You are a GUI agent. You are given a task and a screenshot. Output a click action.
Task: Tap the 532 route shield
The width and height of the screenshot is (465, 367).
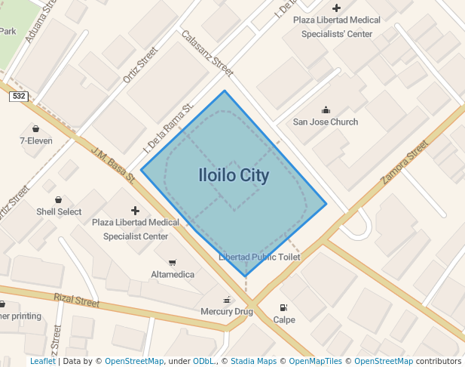20,96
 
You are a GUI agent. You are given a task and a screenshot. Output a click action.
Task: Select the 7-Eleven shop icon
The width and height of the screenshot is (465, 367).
35,128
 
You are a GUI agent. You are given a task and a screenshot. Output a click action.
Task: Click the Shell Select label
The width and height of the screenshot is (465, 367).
59,211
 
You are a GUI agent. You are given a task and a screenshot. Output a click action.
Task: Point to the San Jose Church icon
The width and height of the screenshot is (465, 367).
326,109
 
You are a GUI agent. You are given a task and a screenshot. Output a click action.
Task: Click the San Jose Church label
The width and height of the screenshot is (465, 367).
326,122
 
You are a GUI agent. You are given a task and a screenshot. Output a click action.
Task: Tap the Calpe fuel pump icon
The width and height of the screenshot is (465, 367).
283,307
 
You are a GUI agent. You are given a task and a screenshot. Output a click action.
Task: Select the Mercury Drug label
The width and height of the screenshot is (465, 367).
227,311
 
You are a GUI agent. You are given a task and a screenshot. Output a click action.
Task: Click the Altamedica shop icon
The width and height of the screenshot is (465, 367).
172,262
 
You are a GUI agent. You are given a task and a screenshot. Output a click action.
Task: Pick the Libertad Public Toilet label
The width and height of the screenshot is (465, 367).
259,258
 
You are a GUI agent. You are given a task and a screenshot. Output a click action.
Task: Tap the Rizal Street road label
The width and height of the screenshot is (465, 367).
77,301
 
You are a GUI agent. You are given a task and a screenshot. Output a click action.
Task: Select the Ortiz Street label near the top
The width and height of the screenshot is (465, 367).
140,65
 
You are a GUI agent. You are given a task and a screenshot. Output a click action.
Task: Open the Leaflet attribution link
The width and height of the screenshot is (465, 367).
42,361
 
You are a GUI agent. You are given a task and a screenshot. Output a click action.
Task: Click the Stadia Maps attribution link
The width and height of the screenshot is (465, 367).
253,361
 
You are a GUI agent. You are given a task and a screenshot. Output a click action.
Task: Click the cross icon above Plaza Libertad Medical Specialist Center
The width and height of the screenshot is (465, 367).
136,210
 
